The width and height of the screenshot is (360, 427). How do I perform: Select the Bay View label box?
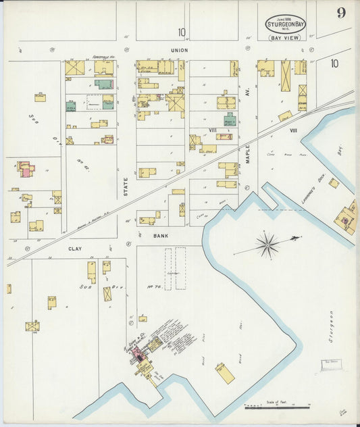[285, 38]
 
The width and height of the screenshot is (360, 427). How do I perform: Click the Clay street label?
[74, 249]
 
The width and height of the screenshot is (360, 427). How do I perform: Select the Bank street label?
[160, 236]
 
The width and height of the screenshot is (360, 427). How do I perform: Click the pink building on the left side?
[25, 170]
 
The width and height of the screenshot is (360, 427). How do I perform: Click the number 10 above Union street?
[182, 32]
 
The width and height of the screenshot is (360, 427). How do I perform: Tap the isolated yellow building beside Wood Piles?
[225, 374]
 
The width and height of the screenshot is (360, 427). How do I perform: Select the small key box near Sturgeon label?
[329, 366]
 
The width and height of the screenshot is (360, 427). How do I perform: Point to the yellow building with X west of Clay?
[32, 326]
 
